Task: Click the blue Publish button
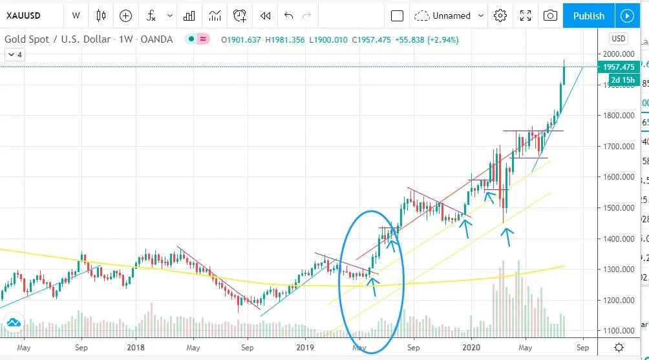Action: point(588,16)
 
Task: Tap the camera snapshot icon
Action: point(550,16)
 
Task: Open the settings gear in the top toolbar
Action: point(500,16)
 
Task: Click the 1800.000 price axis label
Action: point(617,116)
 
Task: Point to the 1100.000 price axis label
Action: point(617,331)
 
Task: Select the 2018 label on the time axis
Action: point(136,347)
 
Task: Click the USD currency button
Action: point(619,39)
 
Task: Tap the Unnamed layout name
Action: point(451,16)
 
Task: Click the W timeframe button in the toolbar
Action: point(76,16)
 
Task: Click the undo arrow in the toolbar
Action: point(288,16)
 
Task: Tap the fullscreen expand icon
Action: point(526,16)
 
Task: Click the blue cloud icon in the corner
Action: point(13,323)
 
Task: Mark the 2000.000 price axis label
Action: point(617,54)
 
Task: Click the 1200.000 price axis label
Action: point(617,301)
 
